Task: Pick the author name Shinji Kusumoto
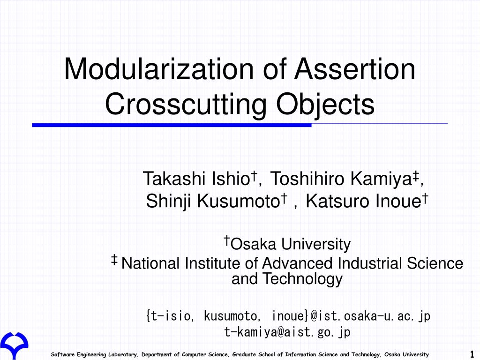click(210, 202)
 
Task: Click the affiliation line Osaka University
click(291, 244)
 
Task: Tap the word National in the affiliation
click(150, 263)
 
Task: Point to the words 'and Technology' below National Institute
click(287, 279)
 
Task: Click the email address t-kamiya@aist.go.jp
click(287, 332)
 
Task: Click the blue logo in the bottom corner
click(14, 345)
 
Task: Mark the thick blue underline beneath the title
click(172, 125)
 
